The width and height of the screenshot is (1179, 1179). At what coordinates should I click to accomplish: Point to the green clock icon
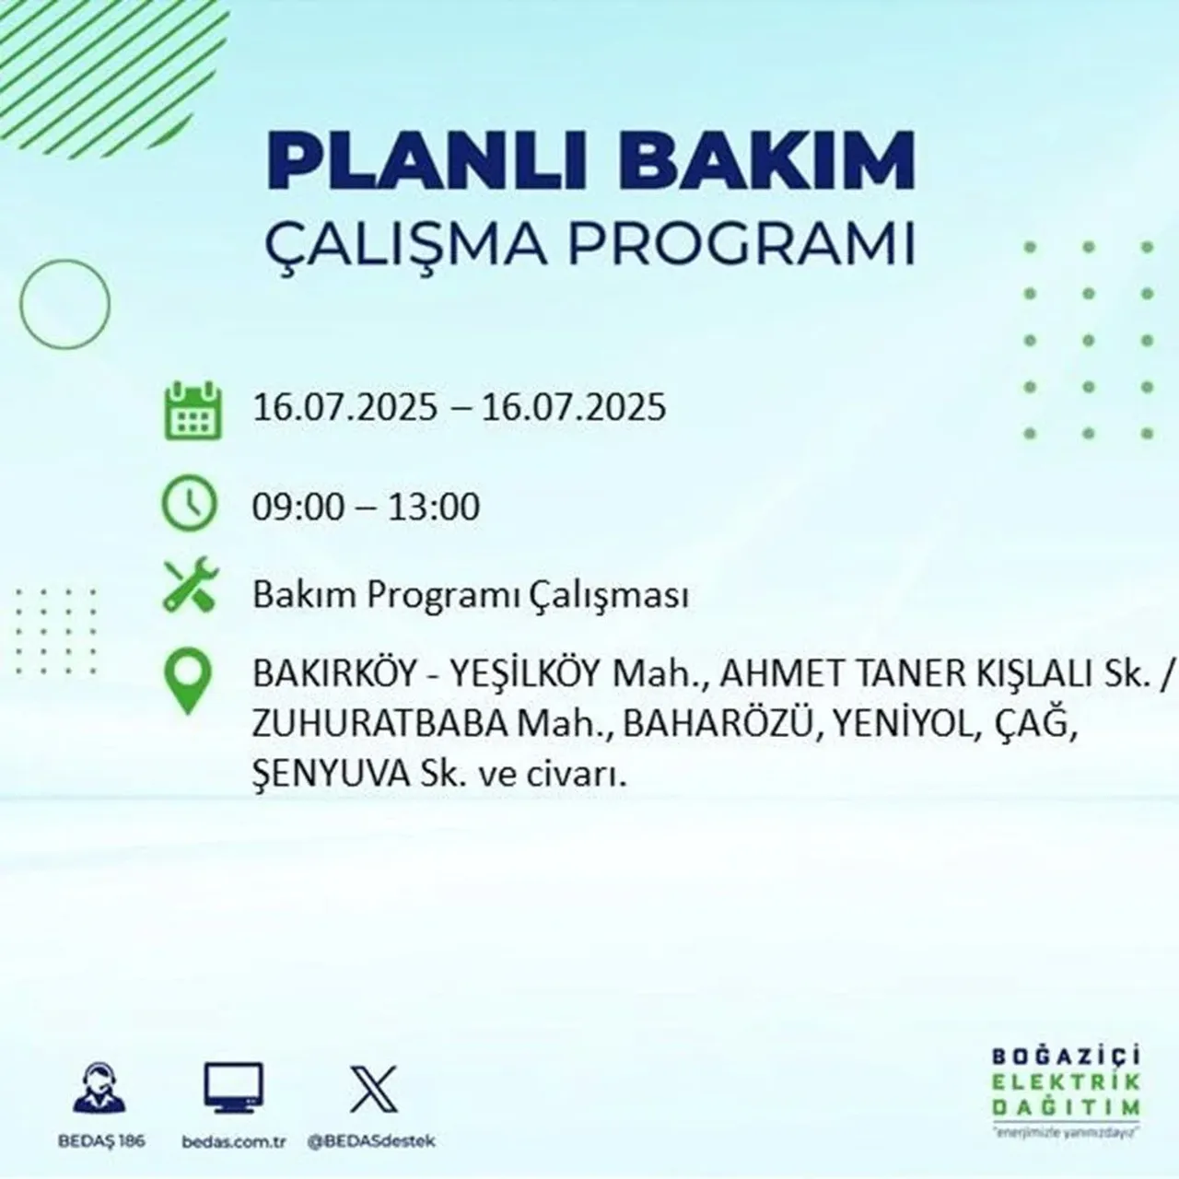click(190, 505)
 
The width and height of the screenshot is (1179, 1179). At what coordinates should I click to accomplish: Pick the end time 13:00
click(433, 507)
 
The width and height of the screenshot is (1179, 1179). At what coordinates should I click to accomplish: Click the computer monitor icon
click(233, 1089)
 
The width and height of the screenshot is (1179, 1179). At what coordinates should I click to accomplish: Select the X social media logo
click(373, 1089)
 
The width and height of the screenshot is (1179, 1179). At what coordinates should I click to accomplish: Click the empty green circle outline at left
click(64, 303)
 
